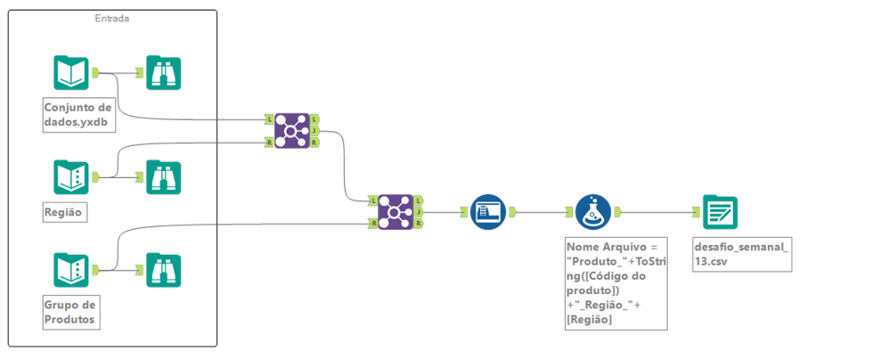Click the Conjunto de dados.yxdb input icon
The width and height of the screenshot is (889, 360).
tap(71, 73)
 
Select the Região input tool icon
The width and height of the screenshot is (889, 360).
tap(71, 177)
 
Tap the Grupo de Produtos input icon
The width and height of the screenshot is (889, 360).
tap(71, 269)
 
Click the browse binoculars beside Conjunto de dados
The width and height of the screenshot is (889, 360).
tap(163, 73)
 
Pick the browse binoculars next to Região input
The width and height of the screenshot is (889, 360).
tap(163, 177)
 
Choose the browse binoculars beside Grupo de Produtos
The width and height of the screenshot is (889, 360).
tap(163, 269)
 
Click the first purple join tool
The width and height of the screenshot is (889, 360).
tap(291, 130)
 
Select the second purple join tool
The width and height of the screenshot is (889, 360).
tap(395, 212)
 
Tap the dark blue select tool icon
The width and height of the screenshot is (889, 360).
tap(487, 212)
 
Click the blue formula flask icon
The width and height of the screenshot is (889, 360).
tap(592, 212)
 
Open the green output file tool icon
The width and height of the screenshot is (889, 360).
tap(720, 212)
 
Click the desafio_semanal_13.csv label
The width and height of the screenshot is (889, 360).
tap(741, 253)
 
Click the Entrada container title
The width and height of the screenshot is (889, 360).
tap(112, 19)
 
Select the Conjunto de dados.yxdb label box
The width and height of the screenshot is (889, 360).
tap(79, 116)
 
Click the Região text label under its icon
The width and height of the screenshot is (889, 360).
tap(61, 213)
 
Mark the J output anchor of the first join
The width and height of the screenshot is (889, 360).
tap(316, 130)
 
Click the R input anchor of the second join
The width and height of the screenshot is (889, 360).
tap(372, 224)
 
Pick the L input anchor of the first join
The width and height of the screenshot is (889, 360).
tap(268, 119)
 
